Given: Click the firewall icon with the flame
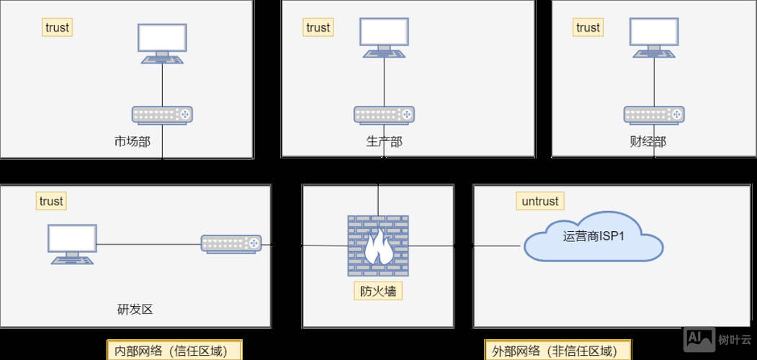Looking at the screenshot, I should tap(377, 245).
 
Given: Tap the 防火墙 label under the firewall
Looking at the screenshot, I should tap(378, 291).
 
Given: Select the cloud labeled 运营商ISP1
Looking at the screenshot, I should tap(593, 237).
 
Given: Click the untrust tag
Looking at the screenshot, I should tap(539, 201).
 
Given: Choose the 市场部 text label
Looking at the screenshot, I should tap(132, 141).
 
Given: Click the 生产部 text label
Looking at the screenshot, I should tap(384, 141).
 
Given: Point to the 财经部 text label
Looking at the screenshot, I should tap(648, 141).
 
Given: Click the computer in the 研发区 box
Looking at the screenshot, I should tap(72, 243).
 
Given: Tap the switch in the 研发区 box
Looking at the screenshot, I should tap(230, 244).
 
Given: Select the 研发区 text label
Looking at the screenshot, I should tap(135, 310).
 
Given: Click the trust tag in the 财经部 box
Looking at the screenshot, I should tap(588, 27).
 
